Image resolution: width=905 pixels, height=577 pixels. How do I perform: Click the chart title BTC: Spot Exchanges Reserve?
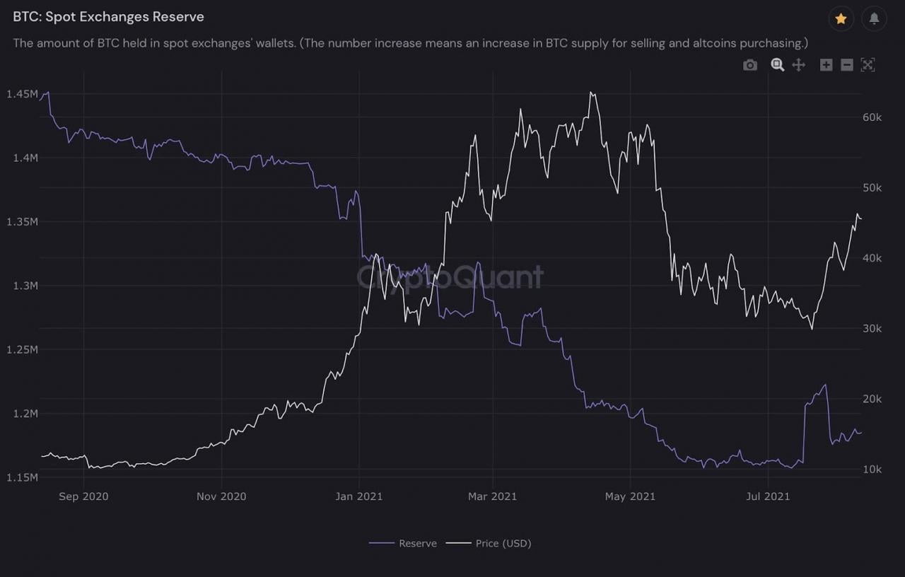point(108,16)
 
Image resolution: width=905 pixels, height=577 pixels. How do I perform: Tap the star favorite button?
point(841,19)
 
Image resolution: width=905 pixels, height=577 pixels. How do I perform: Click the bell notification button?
point(875,19)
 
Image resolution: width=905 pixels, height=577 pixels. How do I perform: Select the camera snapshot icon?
point(750,65)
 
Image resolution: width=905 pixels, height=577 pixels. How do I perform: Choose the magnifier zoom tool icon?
point(777,65)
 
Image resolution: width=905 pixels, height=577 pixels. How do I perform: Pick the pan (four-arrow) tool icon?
point(798,65)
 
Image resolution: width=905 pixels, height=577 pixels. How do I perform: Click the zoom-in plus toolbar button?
point(826,65)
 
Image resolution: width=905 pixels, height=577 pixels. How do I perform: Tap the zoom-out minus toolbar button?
point(847,65)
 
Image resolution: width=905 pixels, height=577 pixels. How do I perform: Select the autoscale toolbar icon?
point(868,65)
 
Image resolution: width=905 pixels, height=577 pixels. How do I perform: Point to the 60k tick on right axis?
point(872,117)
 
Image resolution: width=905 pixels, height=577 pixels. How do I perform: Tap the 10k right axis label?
point(872,470)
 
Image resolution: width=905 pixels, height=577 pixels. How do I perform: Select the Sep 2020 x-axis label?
point(83,496)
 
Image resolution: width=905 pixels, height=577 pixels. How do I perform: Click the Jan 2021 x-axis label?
point(358,496)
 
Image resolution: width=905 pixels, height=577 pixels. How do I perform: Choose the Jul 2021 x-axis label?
point(768,496)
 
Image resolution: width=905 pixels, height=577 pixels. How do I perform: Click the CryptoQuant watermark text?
point(450,276)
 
